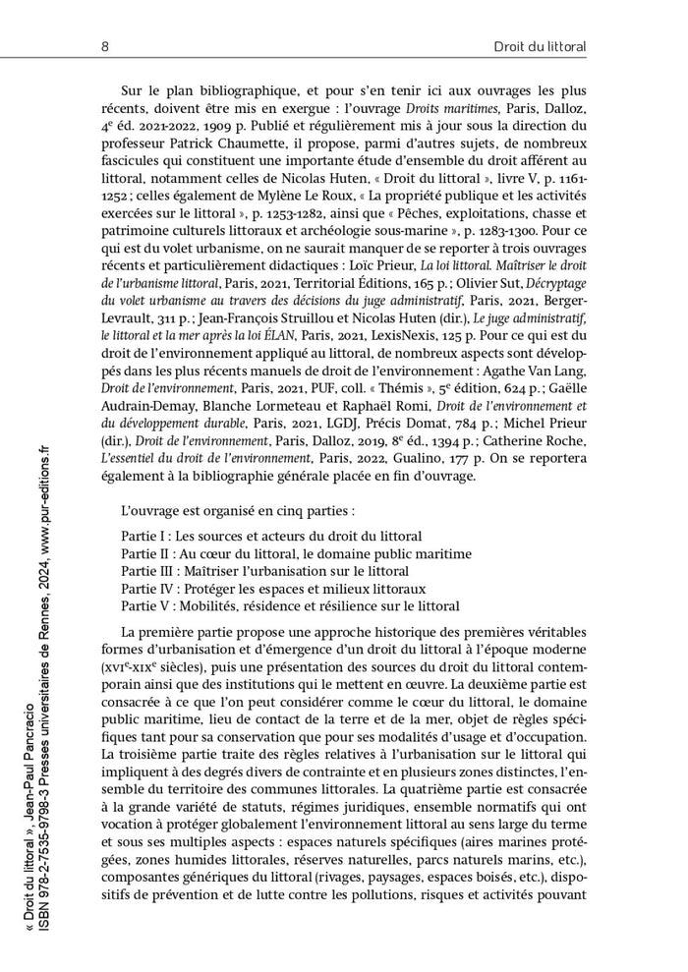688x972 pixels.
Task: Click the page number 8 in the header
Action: click(104, 46)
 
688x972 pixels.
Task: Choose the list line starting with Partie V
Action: click(290, 605)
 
